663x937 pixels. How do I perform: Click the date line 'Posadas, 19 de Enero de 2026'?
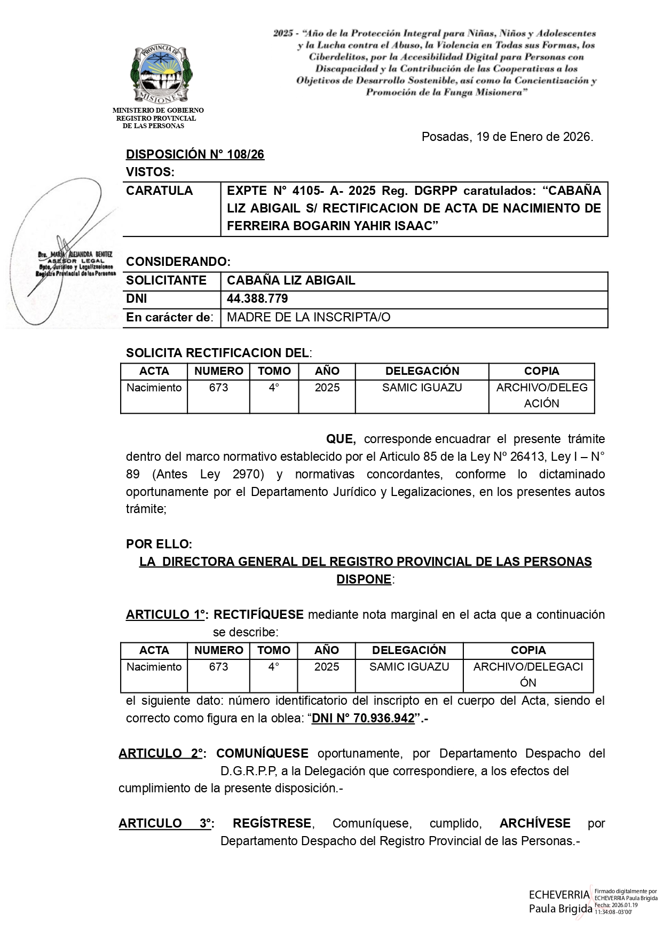(507, 137)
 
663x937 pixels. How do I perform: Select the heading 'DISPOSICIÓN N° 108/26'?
(195, 155)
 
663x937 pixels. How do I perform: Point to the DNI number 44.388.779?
(257, 299)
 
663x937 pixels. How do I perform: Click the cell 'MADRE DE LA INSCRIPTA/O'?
(309, 318)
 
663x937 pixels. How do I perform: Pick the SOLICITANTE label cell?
(166, 281)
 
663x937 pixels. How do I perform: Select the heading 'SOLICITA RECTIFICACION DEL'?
(217, 353)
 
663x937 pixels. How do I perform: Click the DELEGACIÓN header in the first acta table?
(422, 371)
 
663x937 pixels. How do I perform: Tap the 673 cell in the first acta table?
(218, 388)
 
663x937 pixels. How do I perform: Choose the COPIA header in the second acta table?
(528, 650)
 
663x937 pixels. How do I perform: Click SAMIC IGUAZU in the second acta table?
(409, 667)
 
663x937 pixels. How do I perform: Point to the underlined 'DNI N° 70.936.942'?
(363, 719)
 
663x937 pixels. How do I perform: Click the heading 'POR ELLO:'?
(159, 545)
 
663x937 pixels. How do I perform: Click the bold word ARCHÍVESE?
(535, 823)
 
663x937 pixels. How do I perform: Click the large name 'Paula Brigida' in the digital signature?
(561, 909)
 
